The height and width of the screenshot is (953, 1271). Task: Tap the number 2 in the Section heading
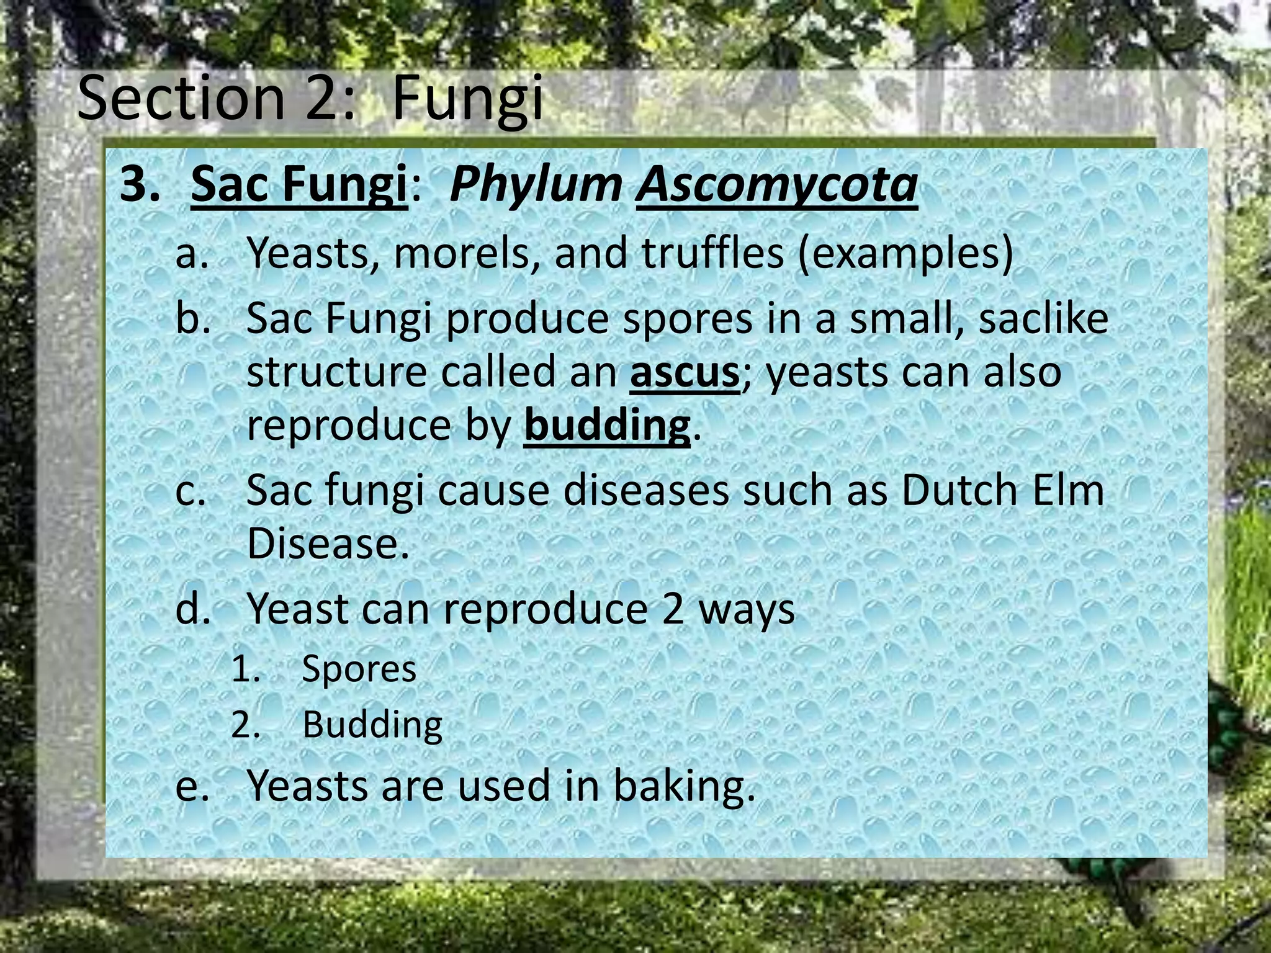pos(321,98)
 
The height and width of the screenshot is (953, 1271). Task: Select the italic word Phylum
pos(536,184)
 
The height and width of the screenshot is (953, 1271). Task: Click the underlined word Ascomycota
pos(776,184)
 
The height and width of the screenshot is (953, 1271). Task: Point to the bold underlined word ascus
pos(685,373)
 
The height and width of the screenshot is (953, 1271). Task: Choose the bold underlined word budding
pos(606,426)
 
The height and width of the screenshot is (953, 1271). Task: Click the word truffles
pos(712,253)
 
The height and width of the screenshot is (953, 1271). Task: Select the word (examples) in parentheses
pos(905,253)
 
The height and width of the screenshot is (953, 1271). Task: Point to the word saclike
pos(1043,319)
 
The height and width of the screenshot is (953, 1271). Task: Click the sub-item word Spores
pos(359,670)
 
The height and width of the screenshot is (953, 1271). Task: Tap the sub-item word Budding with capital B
pos(372,725)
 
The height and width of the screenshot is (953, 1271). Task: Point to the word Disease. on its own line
pos(328,544)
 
